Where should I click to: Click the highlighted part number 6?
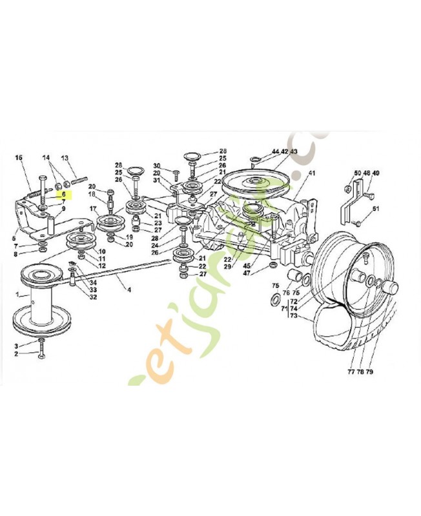pos(64,193)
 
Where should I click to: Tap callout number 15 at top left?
pos(19,158)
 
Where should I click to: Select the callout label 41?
pos(312,174)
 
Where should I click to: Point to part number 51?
pos(376,208)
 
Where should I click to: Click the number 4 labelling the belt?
pos(128,290)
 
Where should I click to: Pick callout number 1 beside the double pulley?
pos(19,295)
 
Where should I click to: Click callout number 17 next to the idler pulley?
pos(93,208)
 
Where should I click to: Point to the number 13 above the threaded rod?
pos(65,158)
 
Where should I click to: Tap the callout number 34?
pos(93,282)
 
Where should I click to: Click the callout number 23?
pos(158,223)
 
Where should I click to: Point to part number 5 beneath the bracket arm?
pos(14,238)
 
